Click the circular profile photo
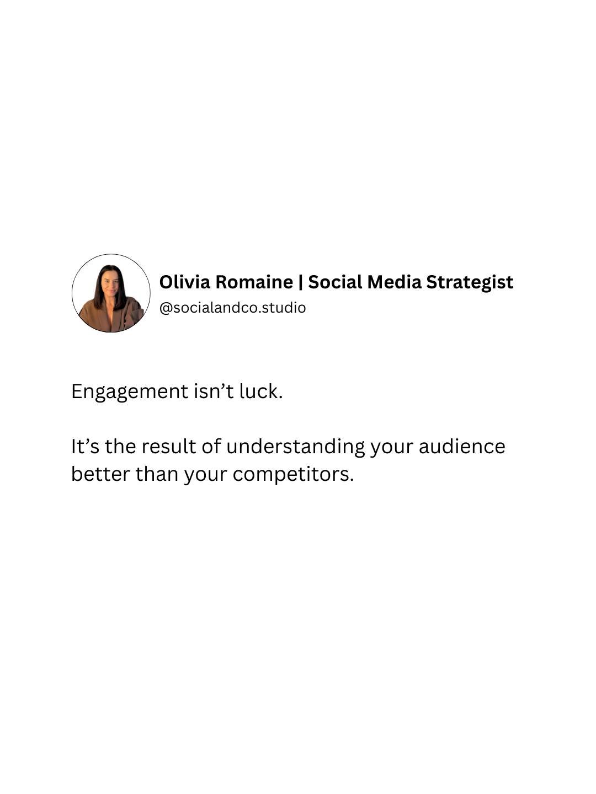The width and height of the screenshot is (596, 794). point(111,293)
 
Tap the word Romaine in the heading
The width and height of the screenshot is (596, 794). point(254,282)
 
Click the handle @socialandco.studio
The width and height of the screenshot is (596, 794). point(232,308)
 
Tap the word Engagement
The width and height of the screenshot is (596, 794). point(130,392)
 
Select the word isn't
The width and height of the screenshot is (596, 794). point(214,391)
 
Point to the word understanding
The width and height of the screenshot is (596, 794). point(295,447)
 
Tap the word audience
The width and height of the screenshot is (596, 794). point(461,446)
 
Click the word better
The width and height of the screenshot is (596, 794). point(100,474)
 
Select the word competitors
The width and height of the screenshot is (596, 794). point(292,475)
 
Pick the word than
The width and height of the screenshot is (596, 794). point(157,474)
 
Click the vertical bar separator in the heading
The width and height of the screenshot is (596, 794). point(300,282)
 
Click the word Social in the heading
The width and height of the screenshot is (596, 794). point(335,282)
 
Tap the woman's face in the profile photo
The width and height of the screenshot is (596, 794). point(110,282)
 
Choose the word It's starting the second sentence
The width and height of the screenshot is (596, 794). point(85,446)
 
